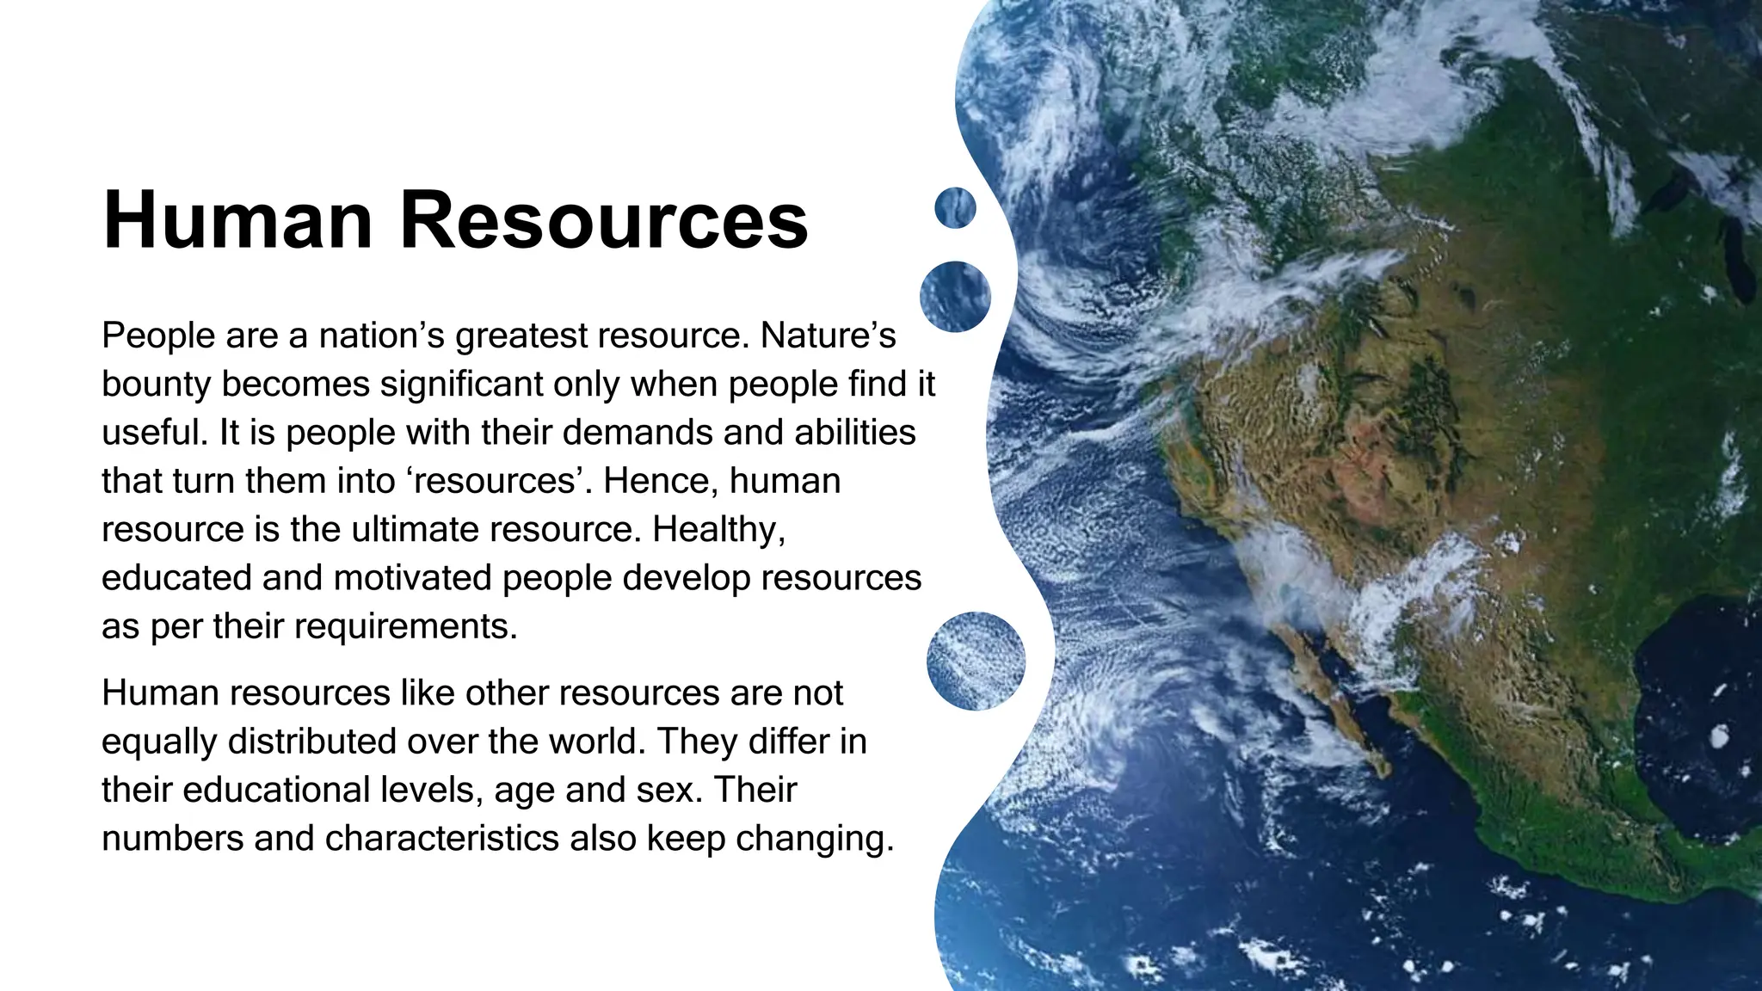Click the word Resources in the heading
[604, 220]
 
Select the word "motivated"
[412, 578]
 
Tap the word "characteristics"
[442, 838]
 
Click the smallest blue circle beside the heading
[955, 208]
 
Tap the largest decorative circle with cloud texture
[976, 661]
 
